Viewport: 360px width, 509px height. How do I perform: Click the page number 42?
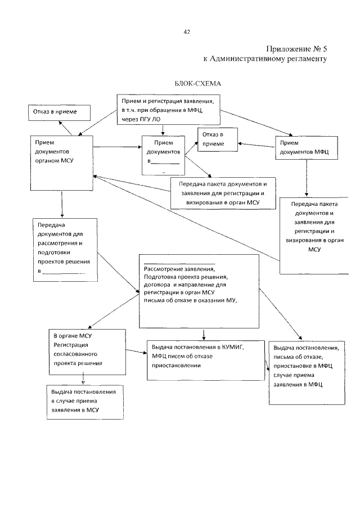(186, 31)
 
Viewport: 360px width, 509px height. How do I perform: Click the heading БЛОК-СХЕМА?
(198, 83)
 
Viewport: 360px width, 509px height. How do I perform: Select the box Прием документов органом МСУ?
(61, 163)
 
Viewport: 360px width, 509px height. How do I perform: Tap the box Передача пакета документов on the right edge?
(314, 233)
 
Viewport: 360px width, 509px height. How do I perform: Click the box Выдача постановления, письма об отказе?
(306, 371)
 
